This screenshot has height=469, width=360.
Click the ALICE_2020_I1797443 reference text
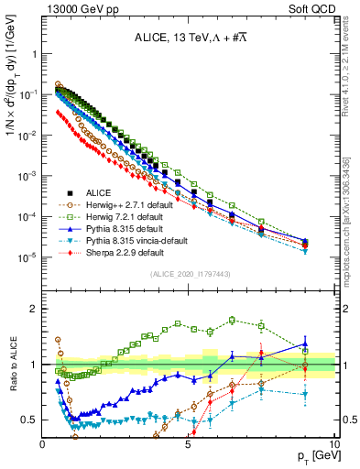coord(190,275)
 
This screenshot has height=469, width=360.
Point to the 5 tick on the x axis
coord(188,443)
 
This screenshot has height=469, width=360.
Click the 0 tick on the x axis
coord(43,443)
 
